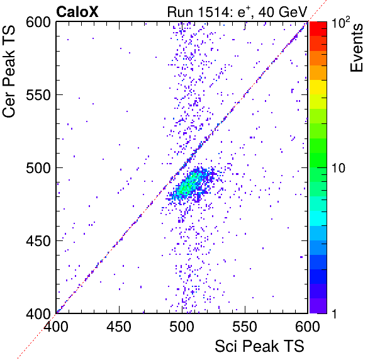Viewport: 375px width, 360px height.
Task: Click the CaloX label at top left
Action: click(x=77, y=12)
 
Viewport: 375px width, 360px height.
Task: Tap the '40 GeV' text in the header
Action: click(x=283, y=12)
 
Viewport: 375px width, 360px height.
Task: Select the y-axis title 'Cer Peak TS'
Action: click(x=9, y=72)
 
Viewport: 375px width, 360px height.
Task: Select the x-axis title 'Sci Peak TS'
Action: click(x=259, y=346)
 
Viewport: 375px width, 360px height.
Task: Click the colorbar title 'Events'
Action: click(x=356, y=48)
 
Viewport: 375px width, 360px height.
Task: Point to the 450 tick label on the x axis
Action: click(x=119, y=326)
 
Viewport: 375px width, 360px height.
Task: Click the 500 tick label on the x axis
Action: click(x=182, y=326)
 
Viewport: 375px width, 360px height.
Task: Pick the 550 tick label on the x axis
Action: click(x=245, y=326)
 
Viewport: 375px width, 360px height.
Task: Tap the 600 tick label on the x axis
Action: click(x=308, y=326)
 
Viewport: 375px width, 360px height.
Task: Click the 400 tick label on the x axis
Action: click(x=56, y=326)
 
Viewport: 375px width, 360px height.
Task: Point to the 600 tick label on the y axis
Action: click(x=38, y=23)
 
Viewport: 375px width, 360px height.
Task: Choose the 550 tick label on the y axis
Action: click(x=38, y=96)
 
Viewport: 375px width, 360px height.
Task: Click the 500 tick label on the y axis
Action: click(x=38, y=168)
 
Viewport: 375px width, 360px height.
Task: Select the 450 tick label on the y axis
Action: click(x=38, y=241)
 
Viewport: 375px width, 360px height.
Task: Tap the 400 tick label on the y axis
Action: click(x=38, y=313)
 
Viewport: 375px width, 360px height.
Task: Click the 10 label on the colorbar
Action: click(x=339, y=168)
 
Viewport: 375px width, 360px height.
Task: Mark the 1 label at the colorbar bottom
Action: click(x=335, y=313)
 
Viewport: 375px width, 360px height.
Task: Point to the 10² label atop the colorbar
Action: click(x=340, y=22)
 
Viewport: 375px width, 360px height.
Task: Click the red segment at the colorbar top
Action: click(x=318, y=29)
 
